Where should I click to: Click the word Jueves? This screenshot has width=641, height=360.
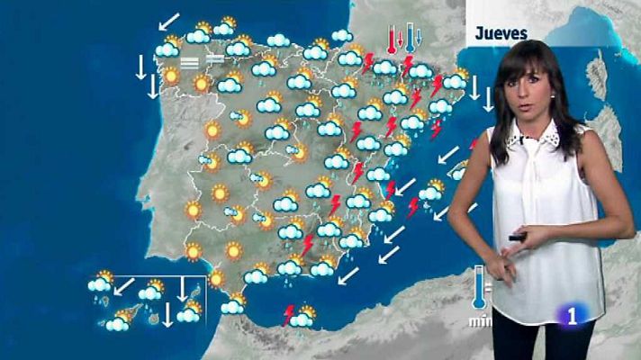tap(501, 31)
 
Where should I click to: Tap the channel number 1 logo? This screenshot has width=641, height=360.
tap(573, 316)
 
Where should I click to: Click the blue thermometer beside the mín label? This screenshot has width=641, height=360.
tap(477, 289)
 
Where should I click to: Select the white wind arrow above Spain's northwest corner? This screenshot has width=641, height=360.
tap(168, 20)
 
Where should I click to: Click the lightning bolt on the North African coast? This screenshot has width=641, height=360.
tap(289, 315)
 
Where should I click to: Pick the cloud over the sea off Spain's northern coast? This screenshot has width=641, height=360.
tap(341, 36)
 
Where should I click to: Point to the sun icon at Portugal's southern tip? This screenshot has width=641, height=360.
tap(193, 251)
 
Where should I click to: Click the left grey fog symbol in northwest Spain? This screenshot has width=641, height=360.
tap(189, 62)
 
